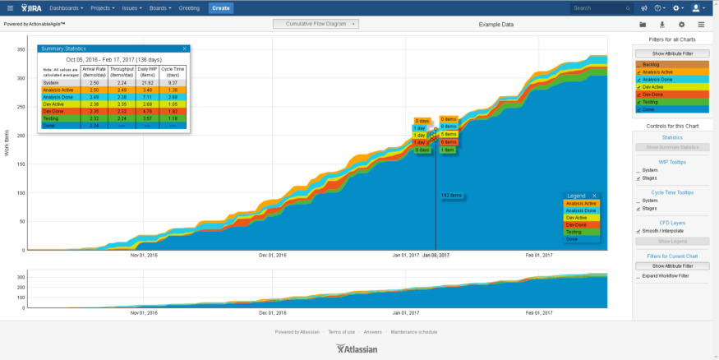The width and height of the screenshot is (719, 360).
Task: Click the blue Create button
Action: pos(220,7)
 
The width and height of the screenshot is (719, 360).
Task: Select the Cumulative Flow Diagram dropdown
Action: pos(316,24)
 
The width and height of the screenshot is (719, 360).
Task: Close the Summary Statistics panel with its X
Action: pos(185,48)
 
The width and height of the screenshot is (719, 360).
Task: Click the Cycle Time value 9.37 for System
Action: pos(173,82)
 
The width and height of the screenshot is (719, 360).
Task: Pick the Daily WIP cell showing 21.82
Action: pos(148,82)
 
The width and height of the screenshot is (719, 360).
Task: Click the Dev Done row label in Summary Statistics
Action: pos(53,110)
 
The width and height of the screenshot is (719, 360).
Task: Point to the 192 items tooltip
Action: pos(451,196)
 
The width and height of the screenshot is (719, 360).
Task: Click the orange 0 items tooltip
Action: pos(449,119)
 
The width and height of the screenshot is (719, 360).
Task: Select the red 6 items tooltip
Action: pos(448,142)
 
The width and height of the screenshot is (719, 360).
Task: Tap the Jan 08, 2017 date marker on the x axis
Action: pos(436,256)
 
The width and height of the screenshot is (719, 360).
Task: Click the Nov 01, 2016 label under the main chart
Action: pos(144,256)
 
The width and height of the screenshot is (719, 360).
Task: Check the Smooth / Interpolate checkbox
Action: pos(639,231)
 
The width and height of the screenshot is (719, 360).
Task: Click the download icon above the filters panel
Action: pos(661,25)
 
